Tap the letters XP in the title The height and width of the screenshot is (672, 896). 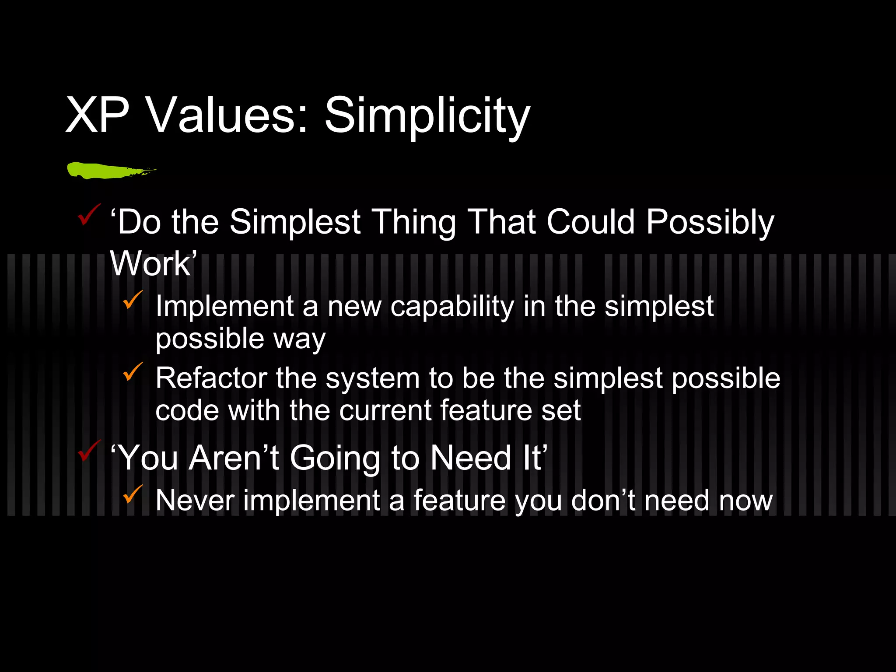click(x=97, y=116)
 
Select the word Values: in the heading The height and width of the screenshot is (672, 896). click(x=227, y=116)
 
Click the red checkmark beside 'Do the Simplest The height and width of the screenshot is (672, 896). click(x=89, y=215)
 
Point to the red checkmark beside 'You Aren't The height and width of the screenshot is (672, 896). click(x=89, y=451)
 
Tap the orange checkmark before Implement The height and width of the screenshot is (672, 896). click(x=133, y=300)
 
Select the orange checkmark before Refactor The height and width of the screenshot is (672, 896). click(x=133, y=372)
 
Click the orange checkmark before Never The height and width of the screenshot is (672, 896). click(x=133, y=494)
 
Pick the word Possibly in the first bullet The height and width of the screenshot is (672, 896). click(x=710, y=222)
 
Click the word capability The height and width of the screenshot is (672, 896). click(x=452, y=306)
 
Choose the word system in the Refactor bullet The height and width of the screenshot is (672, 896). click(x=372, y=378)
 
